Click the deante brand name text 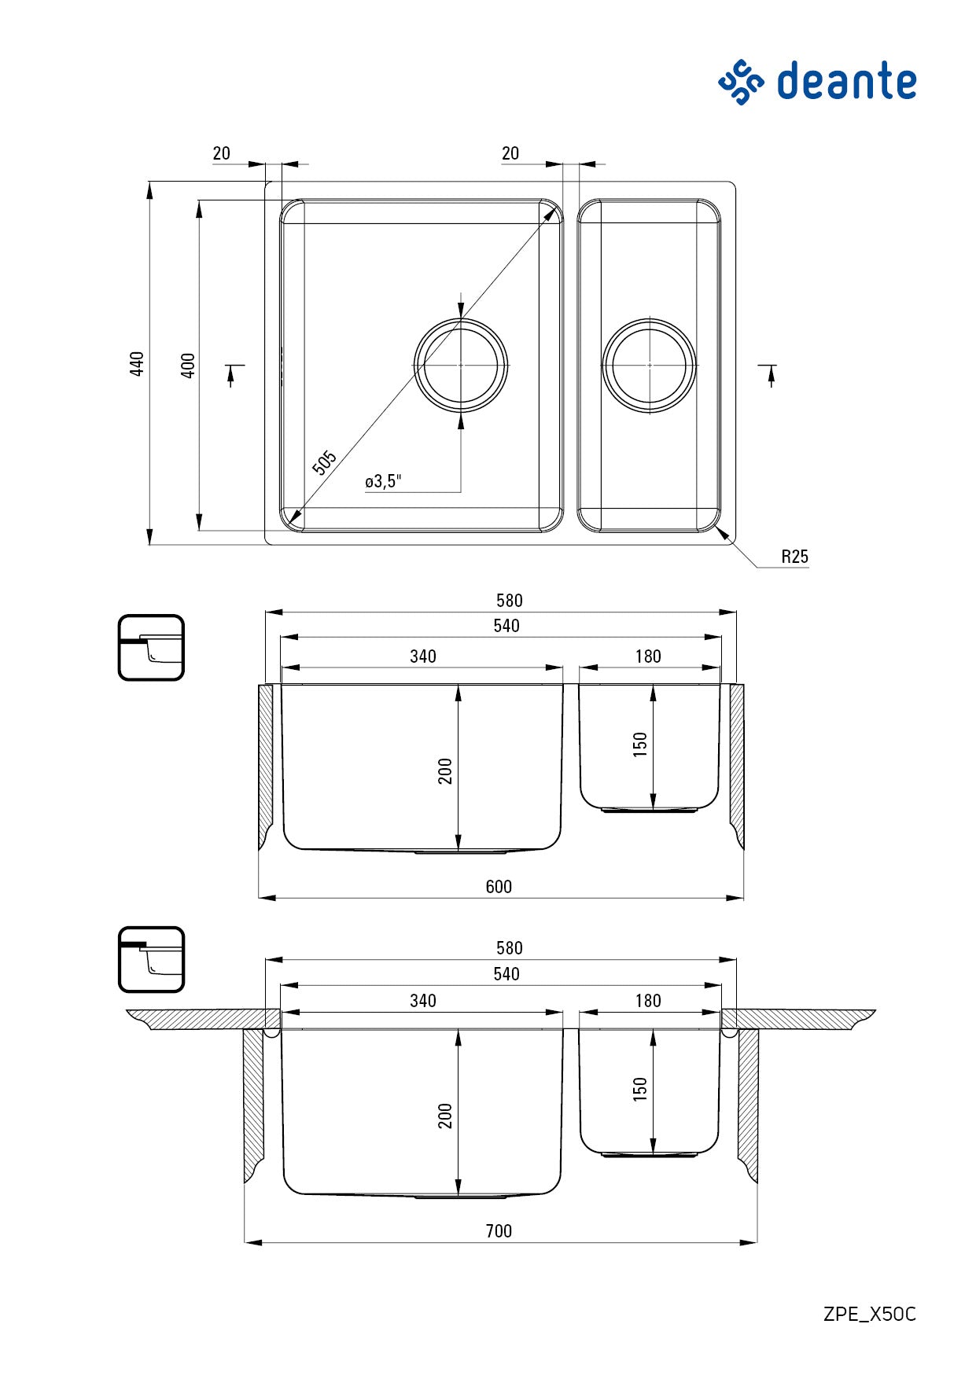[x=846, y=82]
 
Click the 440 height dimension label [x=137, y=364]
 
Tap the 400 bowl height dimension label [x=188, y=366]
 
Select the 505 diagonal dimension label [x=324, y=462]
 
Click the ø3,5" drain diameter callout [x=383, y=481]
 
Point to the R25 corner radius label [x=794, y=557]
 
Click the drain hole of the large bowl [x=461, y=365]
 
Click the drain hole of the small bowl [x=650, y=365]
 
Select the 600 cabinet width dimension [x=499, y=887]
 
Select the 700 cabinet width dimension [x=499, y=1231]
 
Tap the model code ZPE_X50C [x=870, y=1314]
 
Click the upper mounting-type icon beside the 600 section [x=151, y=648]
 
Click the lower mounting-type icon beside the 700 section [x=151, y=959]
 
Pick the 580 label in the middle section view [x=510, y=601]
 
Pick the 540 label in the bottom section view [x=506, y=974]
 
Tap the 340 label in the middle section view [x=423, y=656]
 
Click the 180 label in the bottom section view [x=648, y=1001]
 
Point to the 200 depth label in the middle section [x=445, y=770]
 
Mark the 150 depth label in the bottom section [x=640, y=1089]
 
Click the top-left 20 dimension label [x=222, y=153]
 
